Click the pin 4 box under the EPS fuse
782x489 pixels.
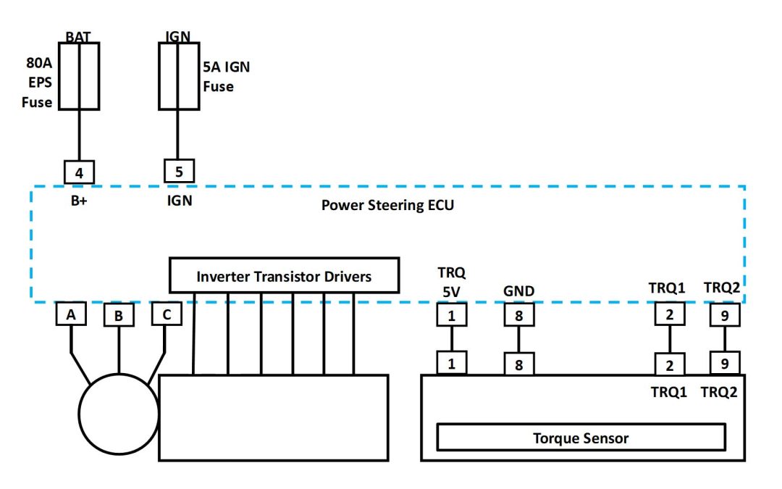tap(79, 172)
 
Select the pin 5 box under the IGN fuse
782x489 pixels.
tap(179, 172)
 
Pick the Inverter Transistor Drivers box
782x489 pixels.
tap(284, 276)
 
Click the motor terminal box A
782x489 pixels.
tap(71, 314)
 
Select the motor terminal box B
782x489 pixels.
tap(119, 317)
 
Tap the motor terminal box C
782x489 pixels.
tap(167, 314)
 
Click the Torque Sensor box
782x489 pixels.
tap(581, 438)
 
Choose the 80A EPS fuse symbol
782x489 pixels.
tap(78, 76)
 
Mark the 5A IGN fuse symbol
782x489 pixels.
tap(179, 76)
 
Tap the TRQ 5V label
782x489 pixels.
tap(451, 283)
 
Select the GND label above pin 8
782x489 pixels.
tap(518, 291)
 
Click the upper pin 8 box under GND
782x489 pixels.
tap(518, 316)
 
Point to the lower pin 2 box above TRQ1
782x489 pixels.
tap(670, 364)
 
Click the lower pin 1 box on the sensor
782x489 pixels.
tap(451, 363)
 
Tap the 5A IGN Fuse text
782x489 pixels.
tap(227, 77)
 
